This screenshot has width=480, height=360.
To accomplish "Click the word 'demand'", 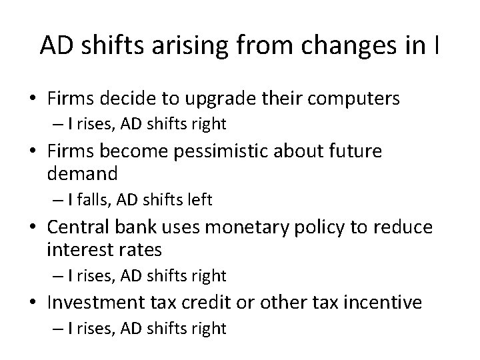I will [82, 174].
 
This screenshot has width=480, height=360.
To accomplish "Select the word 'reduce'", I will [402, 227].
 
